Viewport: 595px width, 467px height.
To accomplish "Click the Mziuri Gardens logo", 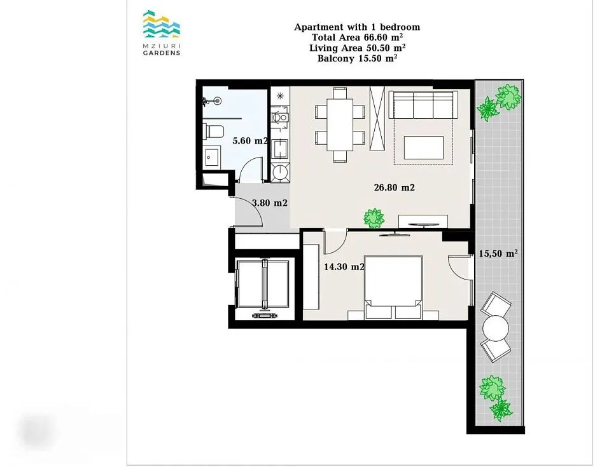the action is [x=162, y=33].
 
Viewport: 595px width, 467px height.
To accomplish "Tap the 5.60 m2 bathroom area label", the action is [x=250, y=141].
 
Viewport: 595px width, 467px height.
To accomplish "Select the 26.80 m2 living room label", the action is [x=395, y=187].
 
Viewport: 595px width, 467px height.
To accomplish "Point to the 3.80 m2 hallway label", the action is [x=270, y=203].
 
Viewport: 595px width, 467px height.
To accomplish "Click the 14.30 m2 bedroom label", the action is [x=344, y=267].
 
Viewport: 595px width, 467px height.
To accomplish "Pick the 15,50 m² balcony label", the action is [x=498, y=254].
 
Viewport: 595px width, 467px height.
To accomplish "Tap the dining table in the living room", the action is [x=340, y=124].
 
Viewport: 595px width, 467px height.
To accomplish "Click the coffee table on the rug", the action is [x=423, y=147].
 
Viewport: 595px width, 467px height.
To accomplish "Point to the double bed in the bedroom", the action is [x=393, y=287].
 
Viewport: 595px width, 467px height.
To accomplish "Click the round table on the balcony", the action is [x=496, y=328].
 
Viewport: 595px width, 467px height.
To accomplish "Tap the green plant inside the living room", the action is [x=374, y=219].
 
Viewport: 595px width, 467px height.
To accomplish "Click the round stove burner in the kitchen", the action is [x=281, y=173].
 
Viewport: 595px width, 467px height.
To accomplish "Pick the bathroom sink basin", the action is [x=211, y=158].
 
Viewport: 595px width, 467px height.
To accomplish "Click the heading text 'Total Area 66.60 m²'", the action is [x=357, y=37].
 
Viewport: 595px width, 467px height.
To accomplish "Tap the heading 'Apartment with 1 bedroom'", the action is [x=357, y=27].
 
